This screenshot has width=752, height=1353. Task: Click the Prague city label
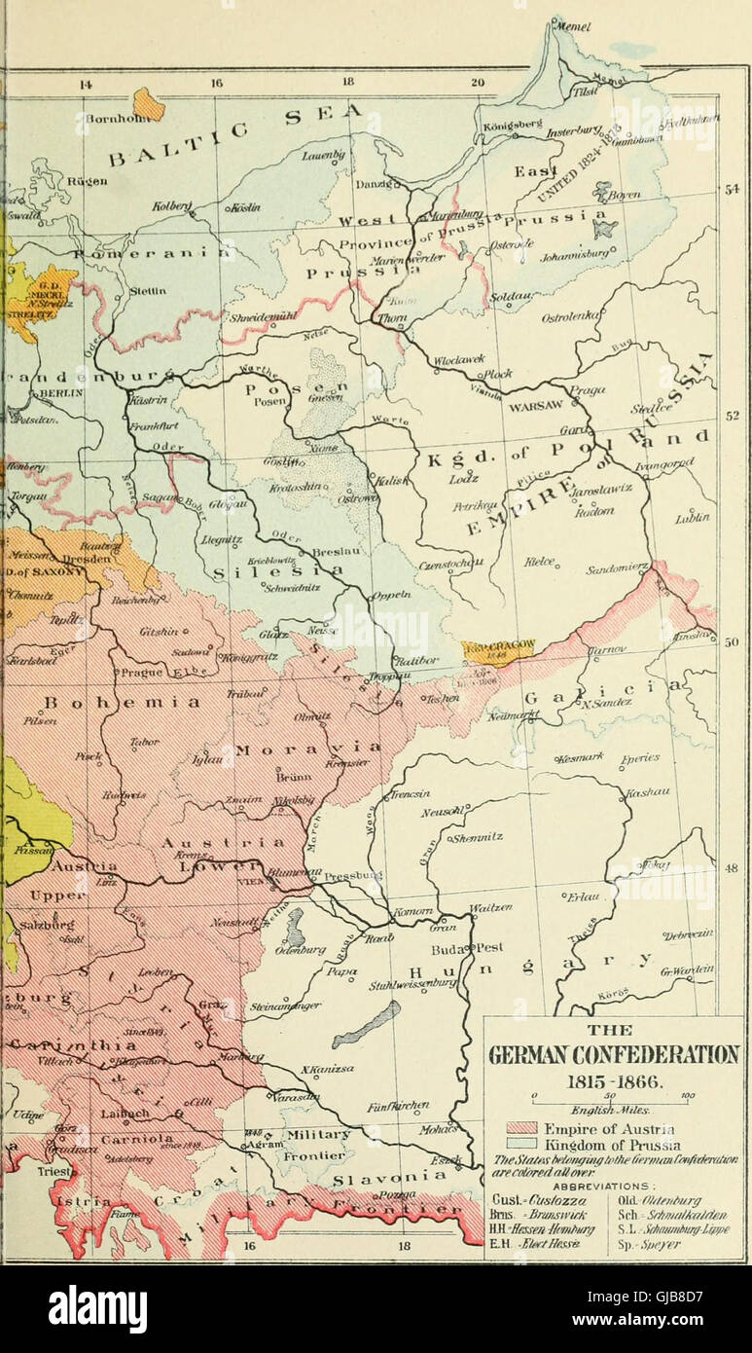(136, 672)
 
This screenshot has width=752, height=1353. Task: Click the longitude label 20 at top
(477, 84)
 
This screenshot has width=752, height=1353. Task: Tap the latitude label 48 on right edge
(733, 867)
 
